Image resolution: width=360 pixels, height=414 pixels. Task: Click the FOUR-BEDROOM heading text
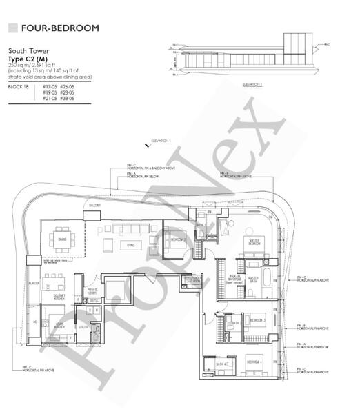[60, 28]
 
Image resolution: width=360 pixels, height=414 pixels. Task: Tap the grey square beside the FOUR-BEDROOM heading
[12, 28]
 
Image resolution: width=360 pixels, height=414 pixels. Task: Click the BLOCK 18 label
[18, 86]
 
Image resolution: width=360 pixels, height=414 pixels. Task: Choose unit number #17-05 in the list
[49, 86]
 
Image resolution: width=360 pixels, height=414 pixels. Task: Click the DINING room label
[63, 238]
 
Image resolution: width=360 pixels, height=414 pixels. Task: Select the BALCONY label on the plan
[94, 206]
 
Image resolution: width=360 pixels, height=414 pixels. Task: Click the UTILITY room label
[83, 327]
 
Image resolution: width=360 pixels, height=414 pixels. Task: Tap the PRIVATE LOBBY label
[92, 291]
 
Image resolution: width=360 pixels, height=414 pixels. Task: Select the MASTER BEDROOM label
[254, 242]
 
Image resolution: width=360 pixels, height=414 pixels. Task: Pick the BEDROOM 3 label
[258, 320]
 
